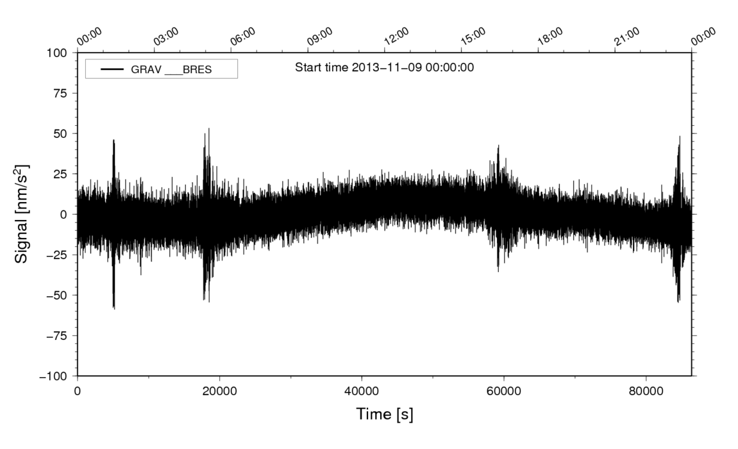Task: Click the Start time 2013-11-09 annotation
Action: click(x=384, y=67)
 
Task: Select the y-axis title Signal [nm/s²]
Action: click(x=23, y=214)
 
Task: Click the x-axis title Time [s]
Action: click(x=385, y=415)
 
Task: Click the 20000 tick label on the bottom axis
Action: click(x=220, y=391)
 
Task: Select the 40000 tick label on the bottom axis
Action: click(x=362, y=391)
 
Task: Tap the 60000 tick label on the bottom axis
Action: click(x=503, y=391)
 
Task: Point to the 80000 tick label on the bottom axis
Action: click(x=646, y=391)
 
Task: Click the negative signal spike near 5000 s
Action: click(x=114, y=307)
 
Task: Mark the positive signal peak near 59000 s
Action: click(x=498, y=147)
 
